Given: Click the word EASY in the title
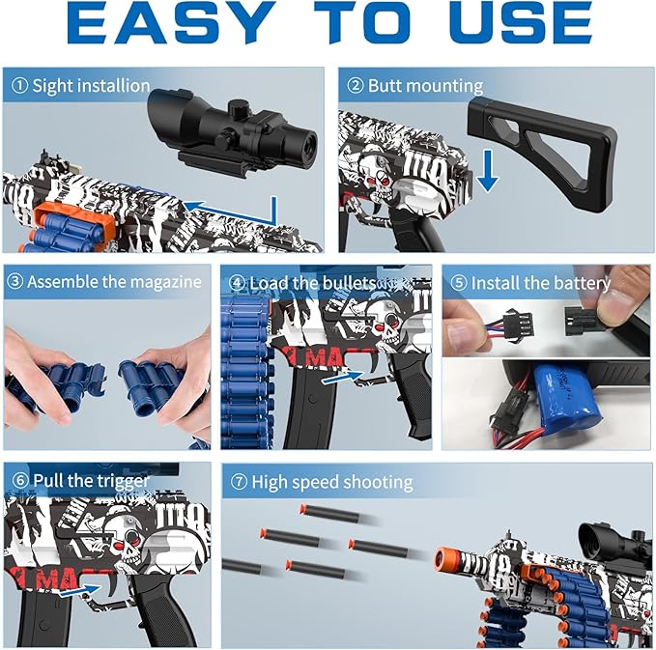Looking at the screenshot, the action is click(169, 22).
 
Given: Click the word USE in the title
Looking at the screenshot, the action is click(522, 22).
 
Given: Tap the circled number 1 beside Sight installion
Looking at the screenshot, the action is click(19, 86).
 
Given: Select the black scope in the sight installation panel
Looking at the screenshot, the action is click(233, 132).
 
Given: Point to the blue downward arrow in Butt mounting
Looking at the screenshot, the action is click(487, 171).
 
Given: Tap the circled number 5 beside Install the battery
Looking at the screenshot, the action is click(459, 283).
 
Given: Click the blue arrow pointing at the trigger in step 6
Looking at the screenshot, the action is click(79, 591).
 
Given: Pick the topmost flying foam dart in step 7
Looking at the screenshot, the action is click(329, 513).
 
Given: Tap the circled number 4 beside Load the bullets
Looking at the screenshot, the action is click(237, 283).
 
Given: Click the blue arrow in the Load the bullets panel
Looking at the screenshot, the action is click(343, 377).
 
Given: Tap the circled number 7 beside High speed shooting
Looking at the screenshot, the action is click(239, 482).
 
